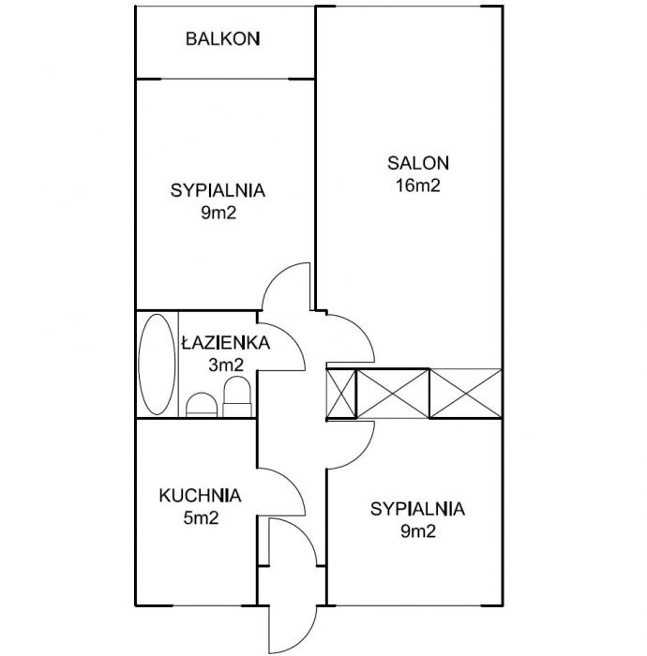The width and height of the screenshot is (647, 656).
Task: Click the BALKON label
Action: [222, 39]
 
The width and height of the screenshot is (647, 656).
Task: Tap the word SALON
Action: [418, 163]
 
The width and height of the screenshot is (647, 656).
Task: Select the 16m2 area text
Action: [418, 186]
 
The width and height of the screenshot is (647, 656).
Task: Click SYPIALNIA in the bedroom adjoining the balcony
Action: [218, 190]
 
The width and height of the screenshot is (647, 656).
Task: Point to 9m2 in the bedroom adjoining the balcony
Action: [218, 213]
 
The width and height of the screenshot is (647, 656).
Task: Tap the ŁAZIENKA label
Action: [226, 342]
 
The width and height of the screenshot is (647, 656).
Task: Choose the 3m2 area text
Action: [226, 365]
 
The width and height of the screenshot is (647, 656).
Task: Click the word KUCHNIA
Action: [200, 496]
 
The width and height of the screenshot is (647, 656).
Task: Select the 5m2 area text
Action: [201, 518]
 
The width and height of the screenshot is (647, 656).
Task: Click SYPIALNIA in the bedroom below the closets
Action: [417, 509]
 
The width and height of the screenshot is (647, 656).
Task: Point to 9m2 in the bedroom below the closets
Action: [418, 531]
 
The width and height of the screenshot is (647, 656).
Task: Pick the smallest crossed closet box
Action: [341, 394]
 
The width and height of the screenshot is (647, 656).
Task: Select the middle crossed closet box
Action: [393, 394]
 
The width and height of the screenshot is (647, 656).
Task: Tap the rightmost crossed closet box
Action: [466, 394]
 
